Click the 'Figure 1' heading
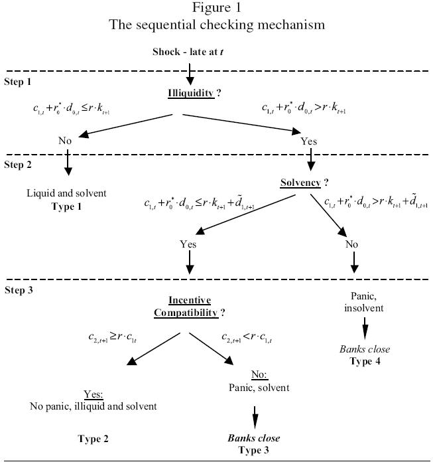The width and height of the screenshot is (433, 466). point(217,9)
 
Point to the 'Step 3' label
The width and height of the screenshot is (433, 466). point(18,290)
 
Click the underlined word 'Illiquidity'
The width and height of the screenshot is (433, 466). point(190,94)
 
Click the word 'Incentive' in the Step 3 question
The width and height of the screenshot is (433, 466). point(190,300)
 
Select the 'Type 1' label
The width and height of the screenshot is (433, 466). point(66,206)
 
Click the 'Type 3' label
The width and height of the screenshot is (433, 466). point(254,451)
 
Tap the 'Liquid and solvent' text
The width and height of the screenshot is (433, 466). point(66,193)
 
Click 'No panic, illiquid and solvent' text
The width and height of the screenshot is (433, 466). point(93,406)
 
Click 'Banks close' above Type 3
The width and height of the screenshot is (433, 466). point(254,439)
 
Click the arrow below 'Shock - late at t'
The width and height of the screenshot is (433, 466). point(190,69)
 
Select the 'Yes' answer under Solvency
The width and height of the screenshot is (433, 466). point(188,244)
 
